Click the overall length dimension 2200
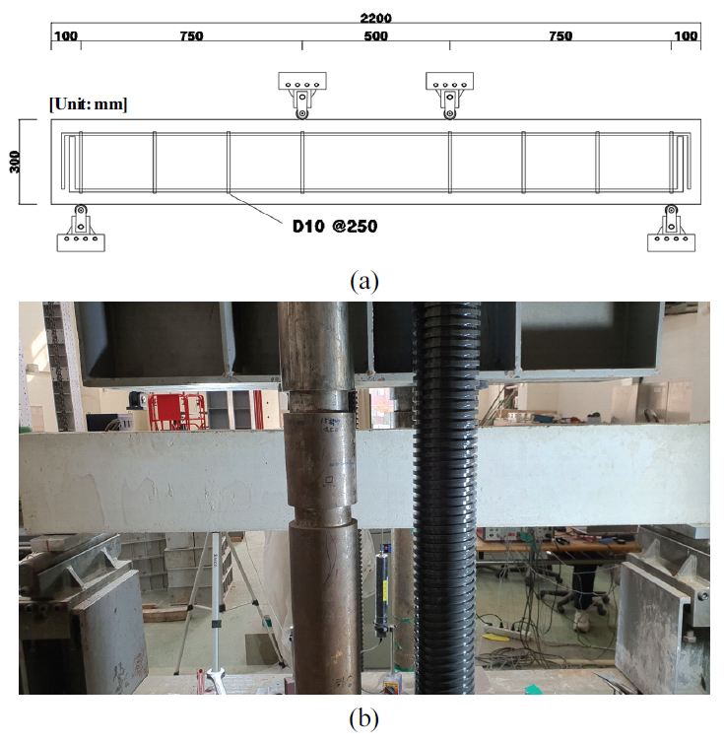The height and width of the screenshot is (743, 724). (x=375, y=18)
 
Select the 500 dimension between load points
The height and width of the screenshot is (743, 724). (x=375, y=36)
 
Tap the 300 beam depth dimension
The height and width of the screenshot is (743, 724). (x=15, y=162)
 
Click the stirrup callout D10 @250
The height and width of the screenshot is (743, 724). (x=335, y=226)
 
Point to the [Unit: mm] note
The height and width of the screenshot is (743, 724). (x=88, y=104)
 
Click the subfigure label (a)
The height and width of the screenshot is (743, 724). (x=363, y=282)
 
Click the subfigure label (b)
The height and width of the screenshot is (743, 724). (x=363, y=718)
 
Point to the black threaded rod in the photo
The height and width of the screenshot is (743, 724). (x=446, y=498)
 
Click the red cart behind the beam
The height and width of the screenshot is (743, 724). (x=177, y=411)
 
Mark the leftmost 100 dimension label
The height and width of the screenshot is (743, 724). (x=66, y=36)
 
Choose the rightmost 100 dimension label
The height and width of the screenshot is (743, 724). (x=686, y=36)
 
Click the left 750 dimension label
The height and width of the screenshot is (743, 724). (x=191, y=36)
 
